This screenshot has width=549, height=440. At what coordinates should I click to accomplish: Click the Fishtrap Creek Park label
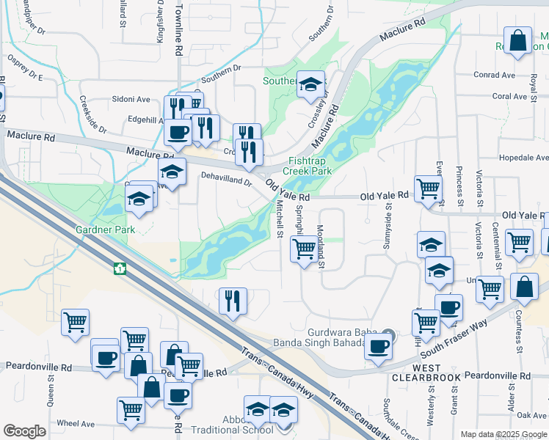click(310, 166)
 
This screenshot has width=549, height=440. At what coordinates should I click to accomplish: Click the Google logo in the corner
click(24, 431)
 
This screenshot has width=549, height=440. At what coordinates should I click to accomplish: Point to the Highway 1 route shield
click(118, 268)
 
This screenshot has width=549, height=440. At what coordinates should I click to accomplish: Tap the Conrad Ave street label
click(495, 75)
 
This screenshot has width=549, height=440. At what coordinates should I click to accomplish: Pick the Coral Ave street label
click(510, 96)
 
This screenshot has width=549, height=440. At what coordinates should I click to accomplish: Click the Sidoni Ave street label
click(131, 99)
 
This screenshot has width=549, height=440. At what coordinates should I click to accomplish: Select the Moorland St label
click(321, 246)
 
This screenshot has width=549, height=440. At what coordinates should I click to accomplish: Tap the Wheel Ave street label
click(76, 423)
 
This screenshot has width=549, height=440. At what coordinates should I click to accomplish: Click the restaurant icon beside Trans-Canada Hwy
click(233, 301)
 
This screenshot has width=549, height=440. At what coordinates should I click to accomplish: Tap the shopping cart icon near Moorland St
click(303, 249)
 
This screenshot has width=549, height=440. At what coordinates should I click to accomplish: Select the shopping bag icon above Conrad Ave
click(518, 41)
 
